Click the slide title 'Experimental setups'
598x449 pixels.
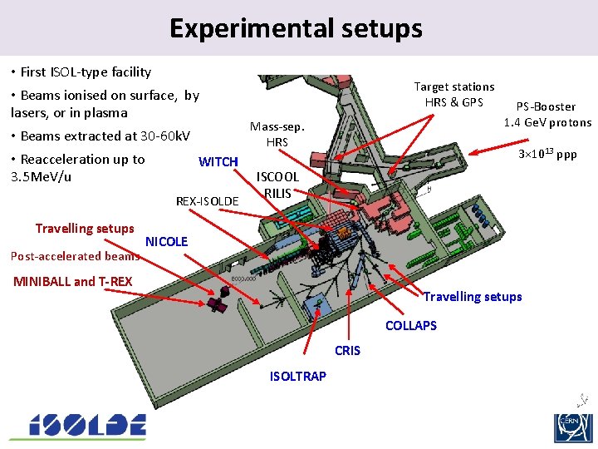[296, 28]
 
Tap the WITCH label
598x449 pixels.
[218, 161]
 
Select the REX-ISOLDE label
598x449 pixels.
[208, 201]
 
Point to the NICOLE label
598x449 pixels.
[167, 241]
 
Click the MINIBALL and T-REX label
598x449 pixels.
[73, 281]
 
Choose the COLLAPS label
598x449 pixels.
[410, 325]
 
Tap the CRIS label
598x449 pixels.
[347, 350]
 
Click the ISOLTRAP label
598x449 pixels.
[298, 376]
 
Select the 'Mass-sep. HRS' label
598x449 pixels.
[277, 135]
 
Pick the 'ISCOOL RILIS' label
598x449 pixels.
[277, 185]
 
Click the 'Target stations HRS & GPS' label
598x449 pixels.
[454, 94]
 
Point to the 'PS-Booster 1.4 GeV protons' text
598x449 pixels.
[547, 114]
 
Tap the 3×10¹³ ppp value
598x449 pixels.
[547, 155]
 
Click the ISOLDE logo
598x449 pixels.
[78, 426]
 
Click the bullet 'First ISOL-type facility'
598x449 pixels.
[86, 72]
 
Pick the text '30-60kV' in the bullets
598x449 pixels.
[165, 136]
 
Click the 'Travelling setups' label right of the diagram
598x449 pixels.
[473, 297]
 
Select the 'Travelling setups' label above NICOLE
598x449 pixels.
[85, 229]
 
